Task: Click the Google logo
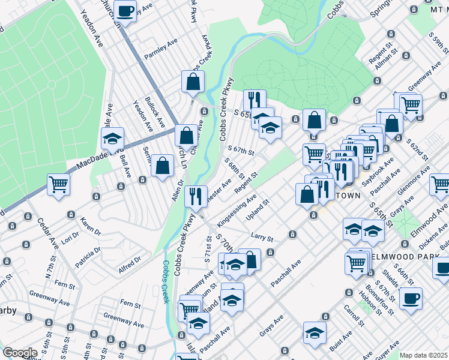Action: click(20, 352)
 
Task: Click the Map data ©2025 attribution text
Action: click(423, 355)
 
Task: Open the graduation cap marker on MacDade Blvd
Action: click(112, 140)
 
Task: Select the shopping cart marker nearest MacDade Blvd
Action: click(59, 184)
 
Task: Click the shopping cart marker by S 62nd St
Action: click(411, 105)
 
